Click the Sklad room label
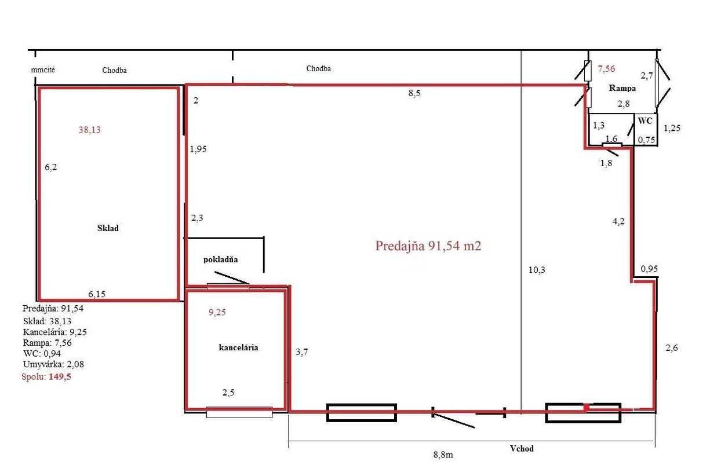click(108, 228)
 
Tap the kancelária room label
click(239, 347)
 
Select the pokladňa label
click(220, 259)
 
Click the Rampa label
click(622, 88)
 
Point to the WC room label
click(645, 121)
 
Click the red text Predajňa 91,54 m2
click(428, 246)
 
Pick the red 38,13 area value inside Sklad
click(89, 130)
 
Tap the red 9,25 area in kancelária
click(217, 312)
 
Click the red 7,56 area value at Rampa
click(606, 68)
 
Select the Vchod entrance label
click(522, 449)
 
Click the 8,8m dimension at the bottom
click(443, 455)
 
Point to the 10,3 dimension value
click(537, 270)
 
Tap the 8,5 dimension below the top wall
click(414, 93)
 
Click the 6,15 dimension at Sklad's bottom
click(97, 294)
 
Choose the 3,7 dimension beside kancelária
click(301, 352)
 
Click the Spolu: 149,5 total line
click(46, 376)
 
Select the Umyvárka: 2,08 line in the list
click(53, 364)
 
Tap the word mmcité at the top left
click(43, 70)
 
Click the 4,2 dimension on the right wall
click(618, 221)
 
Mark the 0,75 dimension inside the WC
click(646, 140)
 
